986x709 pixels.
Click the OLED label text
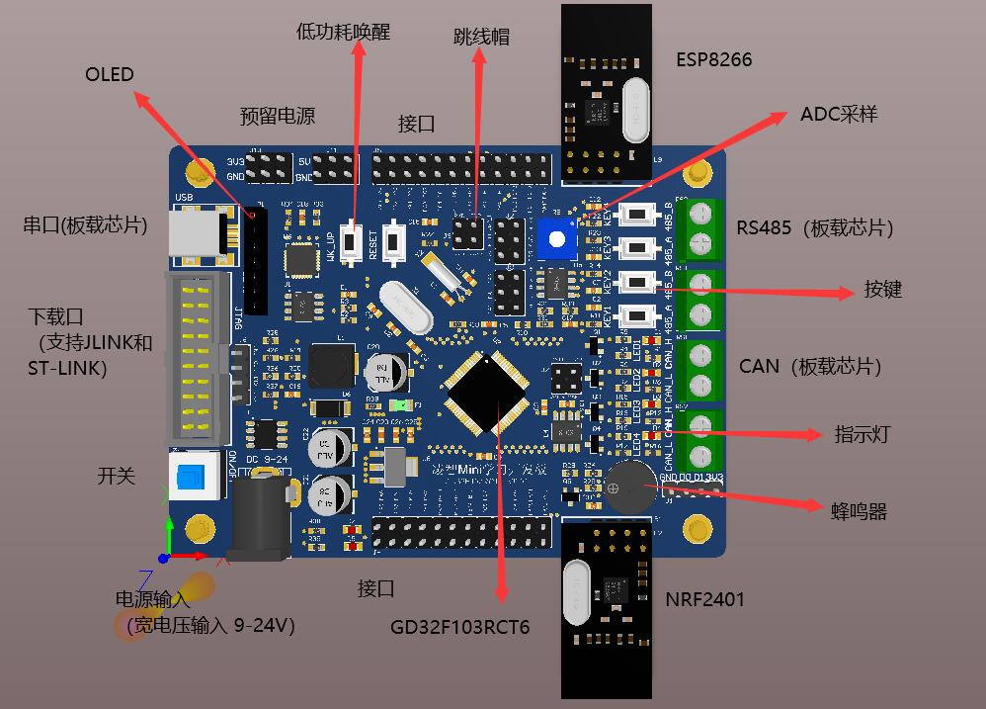[109, 75]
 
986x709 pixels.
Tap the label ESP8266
[713, 60]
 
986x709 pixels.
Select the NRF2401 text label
[704, 598]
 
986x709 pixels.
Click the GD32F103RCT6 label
[459, 627]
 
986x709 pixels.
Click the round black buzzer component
[628, 487]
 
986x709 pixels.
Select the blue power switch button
[192, 479]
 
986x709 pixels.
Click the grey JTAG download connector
[198, 358]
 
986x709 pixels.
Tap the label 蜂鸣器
[859, 510]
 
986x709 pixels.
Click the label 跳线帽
[481, 37]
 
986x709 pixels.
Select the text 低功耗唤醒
[343, 32]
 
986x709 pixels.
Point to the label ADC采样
[838, 114]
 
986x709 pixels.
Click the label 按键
[883, 290]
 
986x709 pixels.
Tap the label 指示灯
[862, 434]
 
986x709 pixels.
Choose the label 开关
[116, 476]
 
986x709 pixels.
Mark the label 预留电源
[278, 116]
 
